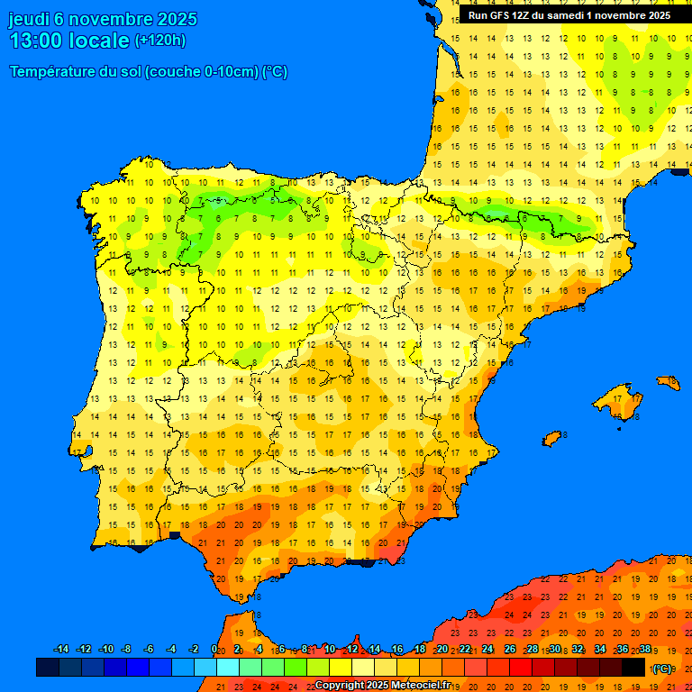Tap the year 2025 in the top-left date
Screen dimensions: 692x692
coord(174,19)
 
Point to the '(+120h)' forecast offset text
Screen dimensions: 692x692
coord(160,41)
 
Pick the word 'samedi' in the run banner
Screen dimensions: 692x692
coord(562,15)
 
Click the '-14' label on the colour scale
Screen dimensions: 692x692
coord(61,650)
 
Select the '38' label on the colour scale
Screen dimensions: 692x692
coord(644,650)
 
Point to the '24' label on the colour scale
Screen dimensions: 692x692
coord(487,650)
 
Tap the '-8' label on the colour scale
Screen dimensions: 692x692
coord(127,650)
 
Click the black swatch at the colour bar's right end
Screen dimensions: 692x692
coord(633,667)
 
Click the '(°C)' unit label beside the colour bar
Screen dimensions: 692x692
coord(662,668)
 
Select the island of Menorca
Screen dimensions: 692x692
coord(669,383)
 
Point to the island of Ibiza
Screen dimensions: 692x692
coord(552,439)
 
